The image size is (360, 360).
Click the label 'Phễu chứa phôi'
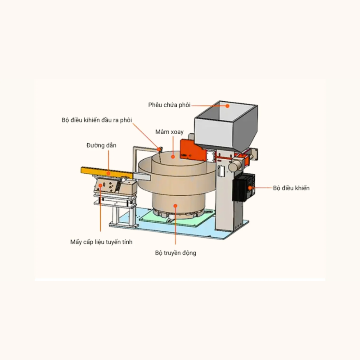[x=169, y=105]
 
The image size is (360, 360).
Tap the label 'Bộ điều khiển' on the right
[x=291, y=188]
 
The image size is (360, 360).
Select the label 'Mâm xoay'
[x=169, y=132]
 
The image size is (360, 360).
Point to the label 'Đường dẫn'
[x=101, y=145]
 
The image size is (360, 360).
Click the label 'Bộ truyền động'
[x=175, y=253]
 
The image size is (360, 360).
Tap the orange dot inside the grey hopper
[x=228, y=106]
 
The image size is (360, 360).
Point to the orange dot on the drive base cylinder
[x=175, y=205]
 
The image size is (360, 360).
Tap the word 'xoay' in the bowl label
[x=176, y=132]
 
